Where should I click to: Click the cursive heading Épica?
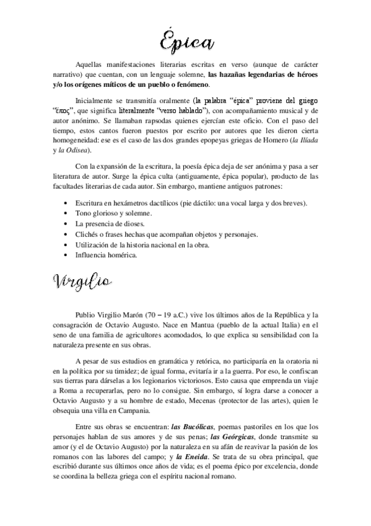tap(185, 40)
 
